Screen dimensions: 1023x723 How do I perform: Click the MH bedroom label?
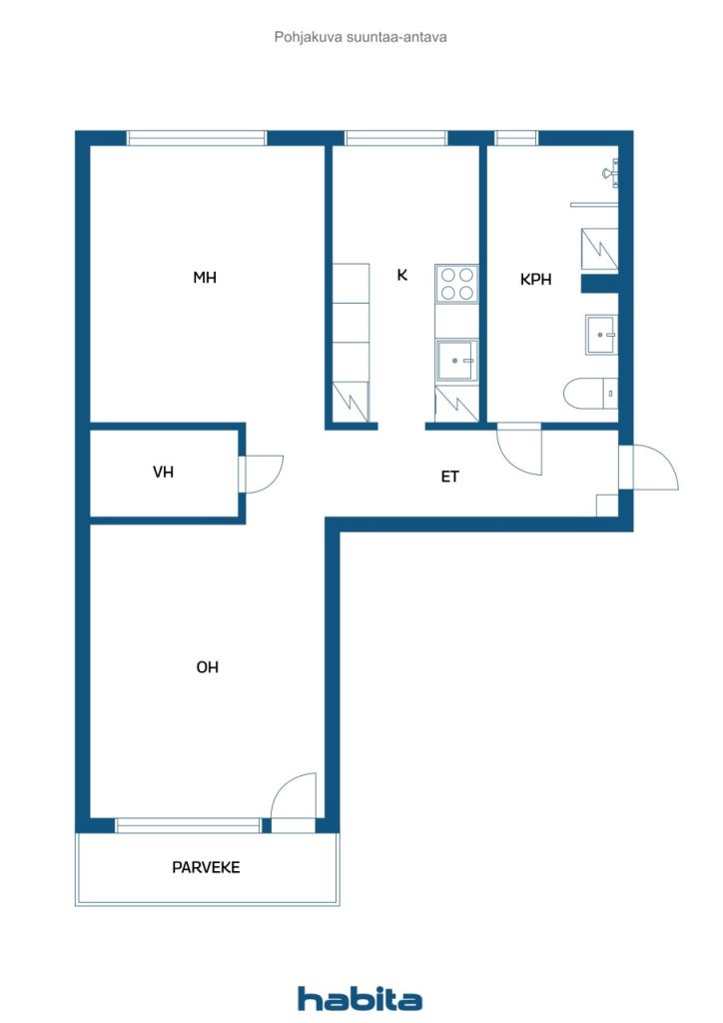(x=205, y=278)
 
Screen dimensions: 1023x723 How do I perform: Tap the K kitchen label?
(x=402, y=275)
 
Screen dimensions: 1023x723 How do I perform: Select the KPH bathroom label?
(x=536, y=281)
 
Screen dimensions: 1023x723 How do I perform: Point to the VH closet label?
(x=163, y=472)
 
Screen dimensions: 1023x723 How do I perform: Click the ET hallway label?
(x=450, y=478)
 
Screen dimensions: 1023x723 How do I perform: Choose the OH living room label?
(x=207, y=667)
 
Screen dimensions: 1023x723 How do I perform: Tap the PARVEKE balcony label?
(x=206, y=867)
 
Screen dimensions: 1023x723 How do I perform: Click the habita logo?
(x=360, y=998)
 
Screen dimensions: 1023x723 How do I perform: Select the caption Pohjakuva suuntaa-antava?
(x=361, y=37)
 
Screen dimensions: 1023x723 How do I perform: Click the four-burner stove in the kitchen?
(x=456, y=284)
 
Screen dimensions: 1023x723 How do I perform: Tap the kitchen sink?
(x=456, y=360)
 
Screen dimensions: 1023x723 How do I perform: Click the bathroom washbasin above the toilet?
(x=600, y=335)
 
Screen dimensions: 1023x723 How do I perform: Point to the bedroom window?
(x=197, y=139)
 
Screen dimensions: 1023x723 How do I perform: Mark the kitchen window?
(x=395, y=139)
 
